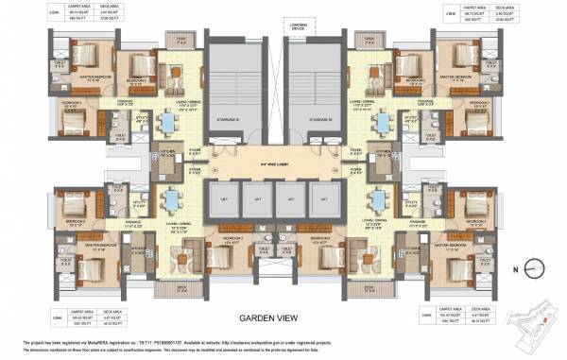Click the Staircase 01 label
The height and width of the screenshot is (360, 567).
231,120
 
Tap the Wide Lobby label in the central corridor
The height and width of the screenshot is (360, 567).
275,165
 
